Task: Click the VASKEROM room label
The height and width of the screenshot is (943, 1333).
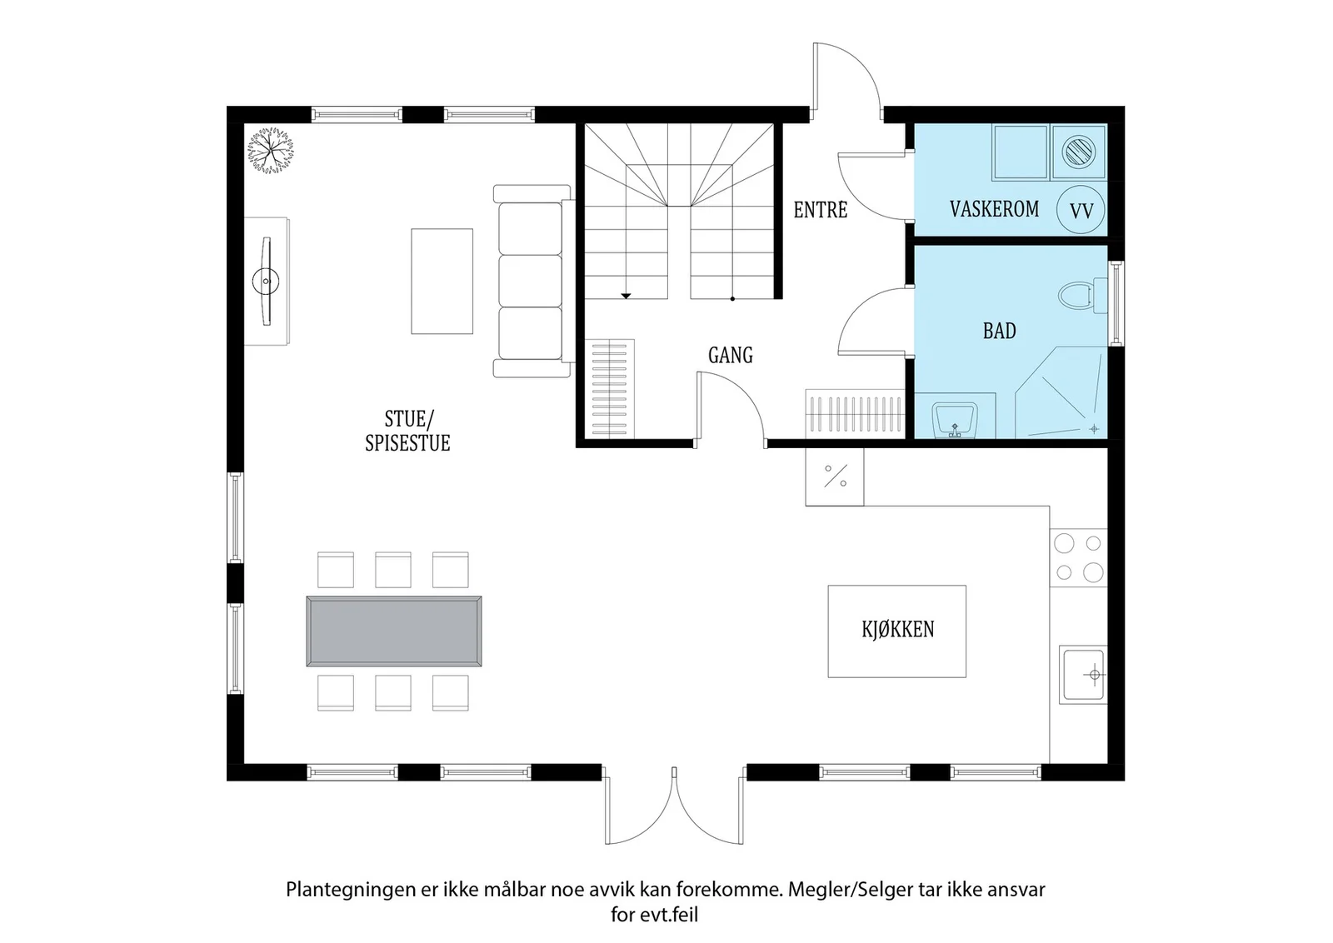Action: coord(994,209)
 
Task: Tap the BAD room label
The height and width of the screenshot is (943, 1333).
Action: coord(999,331)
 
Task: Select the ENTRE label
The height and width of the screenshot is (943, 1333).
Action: coord(820,210)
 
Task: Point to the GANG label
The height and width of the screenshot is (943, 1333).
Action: coord(730,355)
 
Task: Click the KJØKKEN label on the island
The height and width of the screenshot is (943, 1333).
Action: coord(897,630)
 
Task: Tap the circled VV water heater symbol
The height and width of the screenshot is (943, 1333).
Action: coord(1081,210)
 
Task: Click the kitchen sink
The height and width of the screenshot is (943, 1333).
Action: coord(1084,674)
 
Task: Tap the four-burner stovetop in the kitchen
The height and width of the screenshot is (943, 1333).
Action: coord(1078,557)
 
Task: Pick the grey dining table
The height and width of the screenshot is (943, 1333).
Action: coord(393,631)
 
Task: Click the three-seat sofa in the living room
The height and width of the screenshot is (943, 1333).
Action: coord(532,281)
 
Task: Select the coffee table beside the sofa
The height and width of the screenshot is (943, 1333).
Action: coord(442,281)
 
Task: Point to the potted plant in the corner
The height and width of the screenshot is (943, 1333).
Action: coord(270,150)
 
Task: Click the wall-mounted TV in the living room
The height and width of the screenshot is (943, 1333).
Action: coord(266,281)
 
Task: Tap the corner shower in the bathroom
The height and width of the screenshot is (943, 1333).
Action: coord(1061,392)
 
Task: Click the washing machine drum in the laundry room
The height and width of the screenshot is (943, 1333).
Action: coord(1078,151)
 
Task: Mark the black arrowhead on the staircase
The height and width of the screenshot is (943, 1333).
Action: coord(626,296)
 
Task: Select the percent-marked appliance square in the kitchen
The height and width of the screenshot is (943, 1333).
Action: coord(834,476)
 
